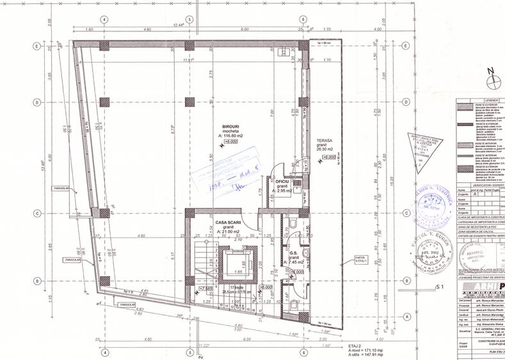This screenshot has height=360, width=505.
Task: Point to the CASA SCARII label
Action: coord(228,223)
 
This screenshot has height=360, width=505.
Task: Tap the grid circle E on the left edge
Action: coord(38,47)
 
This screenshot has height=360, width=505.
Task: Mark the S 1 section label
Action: coord(439,287)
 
